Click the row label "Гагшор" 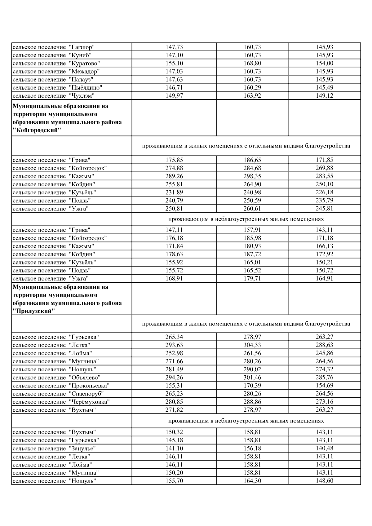click(x=81, y=47)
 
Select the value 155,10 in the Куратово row click(x=174, y=63)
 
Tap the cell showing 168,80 click(x=252, y=63)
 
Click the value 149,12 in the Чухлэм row click(x=324, y=95)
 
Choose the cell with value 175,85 click(x=174, y=160)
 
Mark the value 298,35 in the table click(x=252, y=176)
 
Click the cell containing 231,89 click(x=174, y=192)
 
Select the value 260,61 click(x=252, y=208)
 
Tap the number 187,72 click(x=252, y=254)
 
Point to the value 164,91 click(x=324, y=278)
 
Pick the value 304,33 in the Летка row click(x=252, y=345)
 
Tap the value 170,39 click(x=252, y=386)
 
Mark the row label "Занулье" click(x=82, y=449)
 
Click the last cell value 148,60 click(x=324, y=481)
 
